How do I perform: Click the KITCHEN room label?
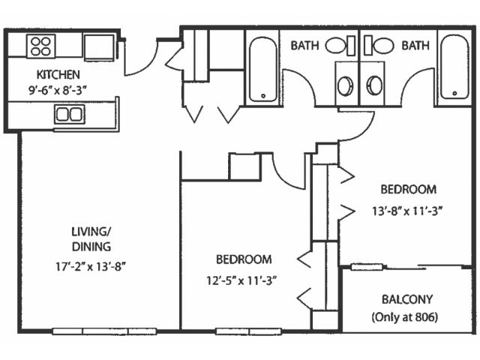(58, 74)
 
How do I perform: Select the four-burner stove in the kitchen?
(41, 46)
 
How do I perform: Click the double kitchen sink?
(70, 115)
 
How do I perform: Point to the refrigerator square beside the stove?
(99, 46)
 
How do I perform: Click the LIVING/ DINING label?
(91, 239)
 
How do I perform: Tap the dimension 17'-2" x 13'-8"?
(91, 267)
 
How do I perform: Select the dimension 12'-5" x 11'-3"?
(241, 280)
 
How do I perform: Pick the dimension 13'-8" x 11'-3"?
(408, 211)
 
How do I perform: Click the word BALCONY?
(407, 299)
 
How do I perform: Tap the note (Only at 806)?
(405, 317)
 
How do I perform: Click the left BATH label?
(304, 46)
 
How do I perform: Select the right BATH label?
(415, 46)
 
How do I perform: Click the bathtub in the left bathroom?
(263, 70)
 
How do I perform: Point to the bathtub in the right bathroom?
(454, 67)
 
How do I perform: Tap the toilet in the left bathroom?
(340, 46)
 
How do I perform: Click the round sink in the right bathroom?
(374, 85)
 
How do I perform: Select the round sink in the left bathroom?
(345, 86)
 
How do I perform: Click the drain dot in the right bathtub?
(455, 93)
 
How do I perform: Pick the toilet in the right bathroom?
(379, 46)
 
